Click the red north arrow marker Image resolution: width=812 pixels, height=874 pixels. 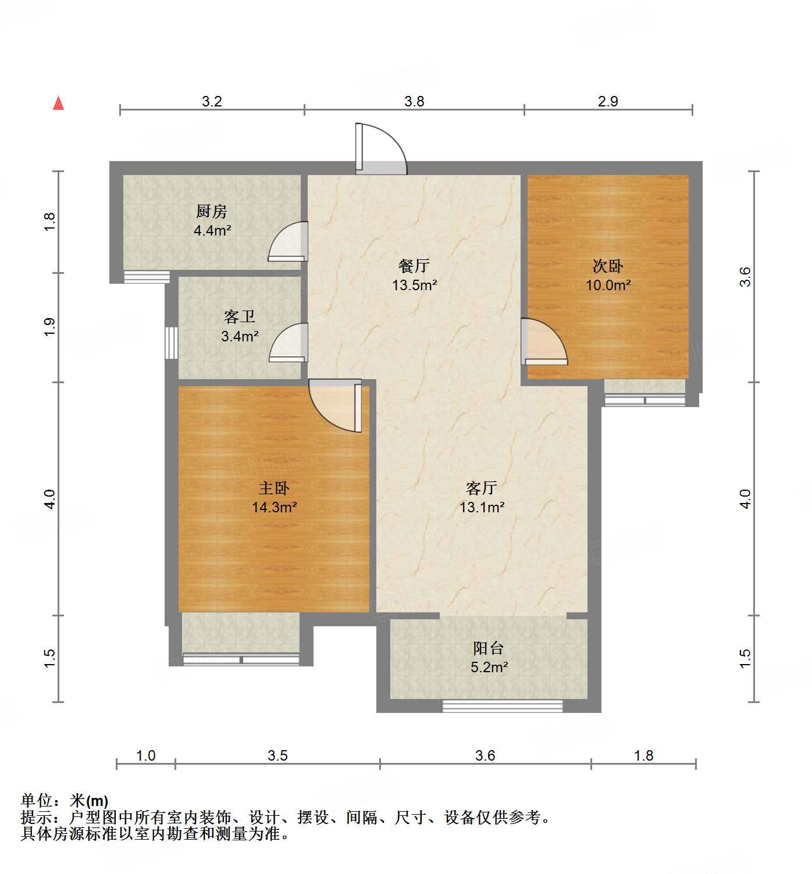(x=58, y=103)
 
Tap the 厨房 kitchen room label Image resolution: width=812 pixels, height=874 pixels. (x=212, y=211)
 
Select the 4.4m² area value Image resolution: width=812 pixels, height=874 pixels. (x=212, y=230)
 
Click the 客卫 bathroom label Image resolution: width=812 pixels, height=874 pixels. (x=240, y=317)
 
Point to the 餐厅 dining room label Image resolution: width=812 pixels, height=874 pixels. (x=414, y=266)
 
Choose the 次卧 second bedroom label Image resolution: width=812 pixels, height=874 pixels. (x=608, y=266)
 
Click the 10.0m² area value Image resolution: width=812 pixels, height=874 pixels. (x=608, y=285)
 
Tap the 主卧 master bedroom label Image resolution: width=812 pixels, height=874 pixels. (x=274, y=488)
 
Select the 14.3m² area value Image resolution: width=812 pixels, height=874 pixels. (x=274, y=507)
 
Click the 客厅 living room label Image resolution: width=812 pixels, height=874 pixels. (x=482, y=488)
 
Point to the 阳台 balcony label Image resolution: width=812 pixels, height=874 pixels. (x=488, y=648)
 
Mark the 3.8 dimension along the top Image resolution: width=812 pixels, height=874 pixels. (x=414, y=101)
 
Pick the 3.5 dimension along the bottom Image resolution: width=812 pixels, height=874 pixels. (x=277, y=755)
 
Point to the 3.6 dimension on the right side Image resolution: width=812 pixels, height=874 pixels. (x=746, y=276)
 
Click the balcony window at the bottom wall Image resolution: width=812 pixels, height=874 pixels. (x=503, y=706)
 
